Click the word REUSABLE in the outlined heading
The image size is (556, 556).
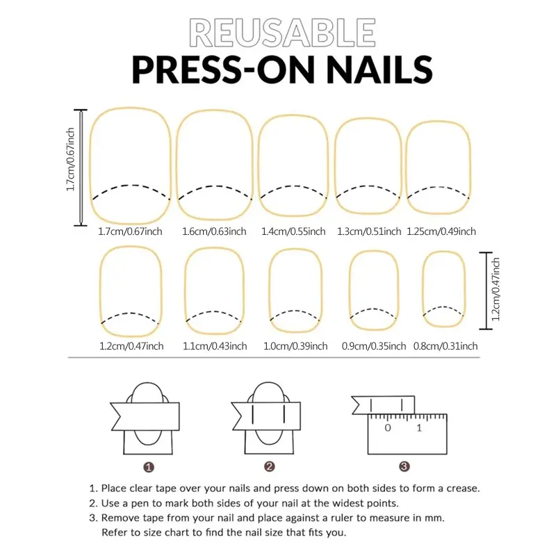coord(283,33)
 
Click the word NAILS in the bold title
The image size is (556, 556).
coord(377,69)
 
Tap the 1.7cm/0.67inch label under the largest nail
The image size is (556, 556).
coord(130,231)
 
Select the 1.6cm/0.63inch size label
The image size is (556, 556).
coord(214,231)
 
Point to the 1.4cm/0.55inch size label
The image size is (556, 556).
coord(293,231)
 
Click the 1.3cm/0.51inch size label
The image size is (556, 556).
coord(369,231)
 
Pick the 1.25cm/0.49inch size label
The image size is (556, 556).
coord(441,231)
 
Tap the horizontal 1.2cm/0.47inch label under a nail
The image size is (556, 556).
coord(131,346)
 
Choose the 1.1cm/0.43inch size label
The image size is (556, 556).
coord(215,346)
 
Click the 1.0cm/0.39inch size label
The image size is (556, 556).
coord(295,346)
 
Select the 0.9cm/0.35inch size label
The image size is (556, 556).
coord(374,346)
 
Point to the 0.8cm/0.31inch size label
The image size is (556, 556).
coord(445,346)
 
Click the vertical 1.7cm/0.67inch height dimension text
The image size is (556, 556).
coord(70,160)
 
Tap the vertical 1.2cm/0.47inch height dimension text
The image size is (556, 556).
coord(496,289)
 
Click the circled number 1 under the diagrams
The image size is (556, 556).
coord(149,467)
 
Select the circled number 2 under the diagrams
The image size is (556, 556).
coord(270,466)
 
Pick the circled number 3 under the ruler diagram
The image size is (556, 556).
coord(404,466)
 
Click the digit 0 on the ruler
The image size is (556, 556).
coord(388,428)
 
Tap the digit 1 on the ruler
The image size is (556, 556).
coord(419,428)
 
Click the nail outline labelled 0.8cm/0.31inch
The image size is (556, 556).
coord(423,289)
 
